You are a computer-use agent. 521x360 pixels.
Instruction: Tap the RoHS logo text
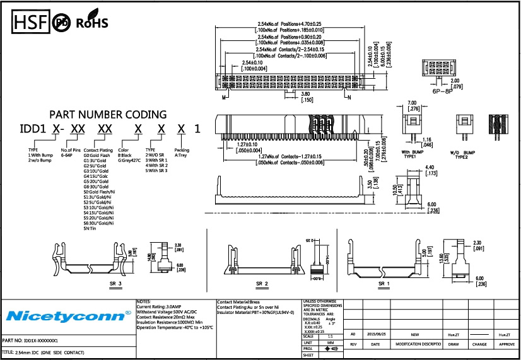click(92, 23)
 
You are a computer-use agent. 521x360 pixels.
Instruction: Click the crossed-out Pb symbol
click(62, 23)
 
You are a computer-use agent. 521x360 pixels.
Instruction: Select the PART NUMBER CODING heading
click(108, 115)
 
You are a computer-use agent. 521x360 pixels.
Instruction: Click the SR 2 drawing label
click(262, 284)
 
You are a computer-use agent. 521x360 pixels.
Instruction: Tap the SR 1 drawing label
click(383, 284)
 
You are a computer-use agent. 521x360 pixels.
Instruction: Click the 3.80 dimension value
click(306, 94)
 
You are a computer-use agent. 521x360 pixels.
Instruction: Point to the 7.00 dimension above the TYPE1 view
click(413, 103)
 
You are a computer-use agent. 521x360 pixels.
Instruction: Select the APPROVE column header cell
click(507, 344)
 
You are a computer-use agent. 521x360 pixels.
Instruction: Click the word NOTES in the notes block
click(143, 302)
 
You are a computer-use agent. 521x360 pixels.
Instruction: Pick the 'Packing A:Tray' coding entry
click(181, 153)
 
